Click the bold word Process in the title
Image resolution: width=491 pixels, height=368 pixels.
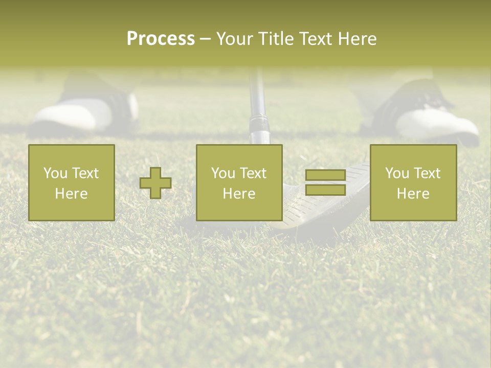point(161,39)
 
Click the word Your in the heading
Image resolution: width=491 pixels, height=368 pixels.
point(234,39)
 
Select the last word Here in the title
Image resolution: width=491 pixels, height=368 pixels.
point(358,39)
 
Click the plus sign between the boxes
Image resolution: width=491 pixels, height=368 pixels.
point(155,182)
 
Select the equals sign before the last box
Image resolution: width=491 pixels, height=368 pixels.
point(325,182)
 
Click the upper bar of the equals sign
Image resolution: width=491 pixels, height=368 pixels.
point(325,175)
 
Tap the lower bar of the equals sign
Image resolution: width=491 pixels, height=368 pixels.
point(325,190)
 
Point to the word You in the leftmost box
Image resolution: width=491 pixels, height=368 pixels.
point(54,173)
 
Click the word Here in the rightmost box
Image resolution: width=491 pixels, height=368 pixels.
point(413,194)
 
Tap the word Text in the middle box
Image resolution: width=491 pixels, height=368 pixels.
point(254,173)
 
